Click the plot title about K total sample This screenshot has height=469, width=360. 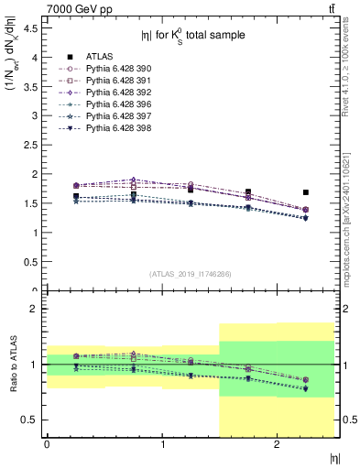coord(192,37)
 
